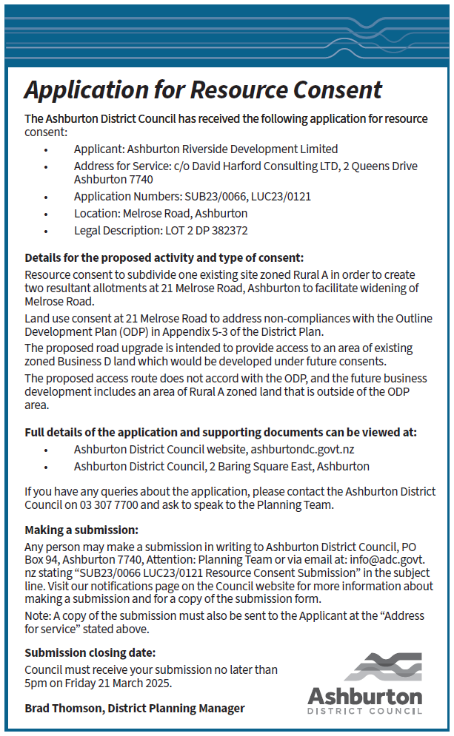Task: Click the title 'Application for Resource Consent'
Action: click(203, 90)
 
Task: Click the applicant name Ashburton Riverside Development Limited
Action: click(232, 149)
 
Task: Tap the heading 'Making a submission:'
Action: click(82, 530)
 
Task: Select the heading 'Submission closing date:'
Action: click(90, 652)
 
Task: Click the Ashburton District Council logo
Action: click(365, 683)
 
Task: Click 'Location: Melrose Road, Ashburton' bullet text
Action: click(161, 213)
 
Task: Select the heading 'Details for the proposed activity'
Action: click(164, 257)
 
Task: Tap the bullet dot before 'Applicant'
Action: click(46, 149)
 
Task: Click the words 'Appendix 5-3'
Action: click(227, 331)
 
